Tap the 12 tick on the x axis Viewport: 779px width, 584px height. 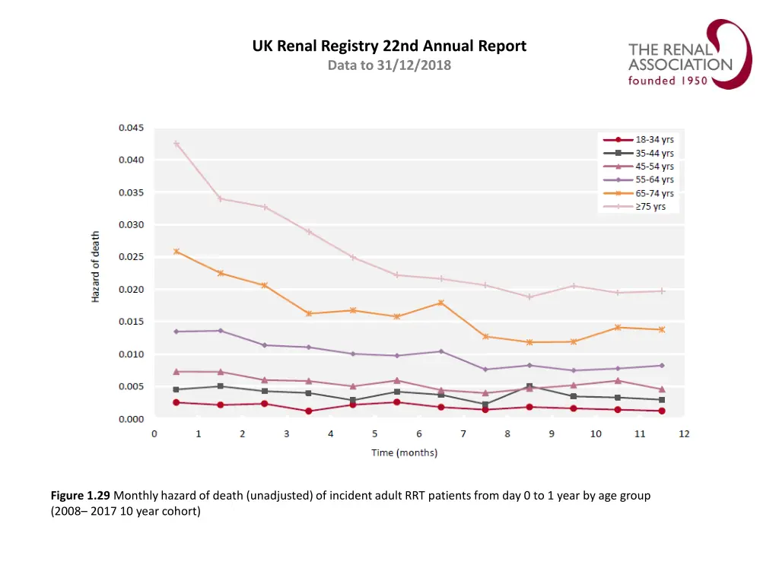point(684,434)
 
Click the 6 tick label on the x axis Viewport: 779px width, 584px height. point(418,434)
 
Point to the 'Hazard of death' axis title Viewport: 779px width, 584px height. point(96,267)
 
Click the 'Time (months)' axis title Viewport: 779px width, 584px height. point(404,453)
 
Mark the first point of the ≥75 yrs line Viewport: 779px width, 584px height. point(176,144)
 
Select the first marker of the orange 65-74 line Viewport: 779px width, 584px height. point(176,251)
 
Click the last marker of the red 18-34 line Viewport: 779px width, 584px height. point(662,411)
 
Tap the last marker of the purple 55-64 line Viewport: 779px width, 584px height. point(662,366)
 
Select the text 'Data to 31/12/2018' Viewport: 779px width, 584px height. point(389,65)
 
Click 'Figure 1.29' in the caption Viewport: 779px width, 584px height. point(81,496)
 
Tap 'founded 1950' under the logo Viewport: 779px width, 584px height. point(667,81)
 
